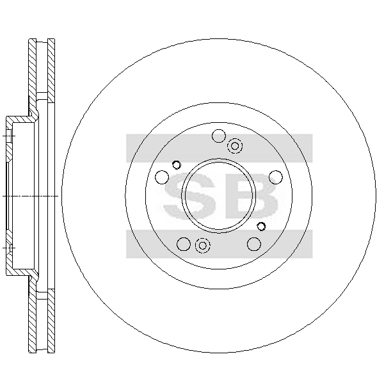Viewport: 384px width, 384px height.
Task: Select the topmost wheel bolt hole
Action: tap(219, 136)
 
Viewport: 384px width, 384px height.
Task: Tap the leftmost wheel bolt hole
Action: tap(162, 177)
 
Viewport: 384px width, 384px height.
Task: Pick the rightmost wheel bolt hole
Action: tap(276, 177)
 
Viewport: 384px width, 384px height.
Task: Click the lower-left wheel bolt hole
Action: tap(184, 244)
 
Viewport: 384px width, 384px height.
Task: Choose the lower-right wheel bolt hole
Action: tap(254, 244)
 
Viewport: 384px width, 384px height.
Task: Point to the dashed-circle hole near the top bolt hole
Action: tap(235, 146)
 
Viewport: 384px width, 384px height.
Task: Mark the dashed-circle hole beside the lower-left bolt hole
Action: tap(202, 245)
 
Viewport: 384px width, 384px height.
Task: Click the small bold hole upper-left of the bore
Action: tap(177, 165)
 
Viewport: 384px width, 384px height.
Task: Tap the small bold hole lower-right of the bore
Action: tap(261, 227)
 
